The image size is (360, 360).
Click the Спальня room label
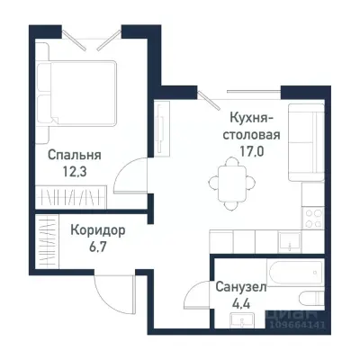click(75, 155)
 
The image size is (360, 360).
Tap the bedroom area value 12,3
click(75, 172)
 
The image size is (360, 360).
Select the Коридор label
click(96, 229)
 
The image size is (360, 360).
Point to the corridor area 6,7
click(96, 247)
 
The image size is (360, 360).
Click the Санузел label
click(239, 288)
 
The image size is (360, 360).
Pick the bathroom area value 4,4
click(239, 306)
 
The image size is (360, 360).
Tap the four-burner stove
click(315, 217)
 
